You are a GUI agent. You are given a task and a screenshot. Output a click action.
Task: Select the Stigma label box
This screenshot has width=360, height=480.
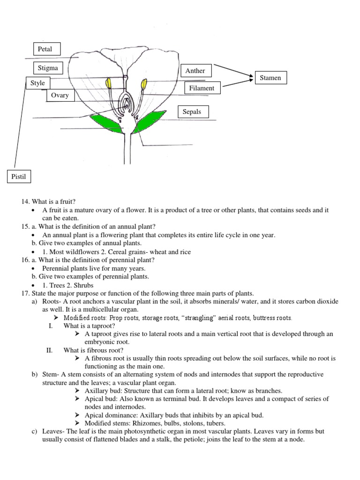[48, 68]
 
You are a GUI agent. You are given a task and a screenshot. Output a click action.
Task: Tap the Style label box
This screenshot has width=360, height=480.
[37, 83]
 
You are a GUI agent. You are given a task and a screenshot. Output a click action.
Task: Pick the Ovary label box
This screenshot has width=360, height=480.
[60, 95]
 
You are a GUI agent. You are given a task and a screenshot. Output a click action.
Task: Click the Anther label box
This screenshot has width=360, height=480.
[195, 71]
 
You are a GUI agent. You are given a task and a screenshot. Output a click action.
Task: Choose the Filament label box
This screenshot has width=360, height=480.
[202, 88]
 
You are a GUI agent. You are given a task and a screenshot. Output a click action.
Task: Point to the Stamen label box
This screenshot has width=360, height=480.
[270, 78]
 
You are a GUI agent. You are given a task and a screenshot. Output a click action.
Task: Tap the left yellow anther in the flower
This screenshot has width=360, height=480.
[109, 83]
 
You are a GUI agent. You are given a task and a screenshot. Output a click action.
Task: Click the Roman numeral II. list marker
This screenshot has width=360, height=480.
[52, 350]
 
